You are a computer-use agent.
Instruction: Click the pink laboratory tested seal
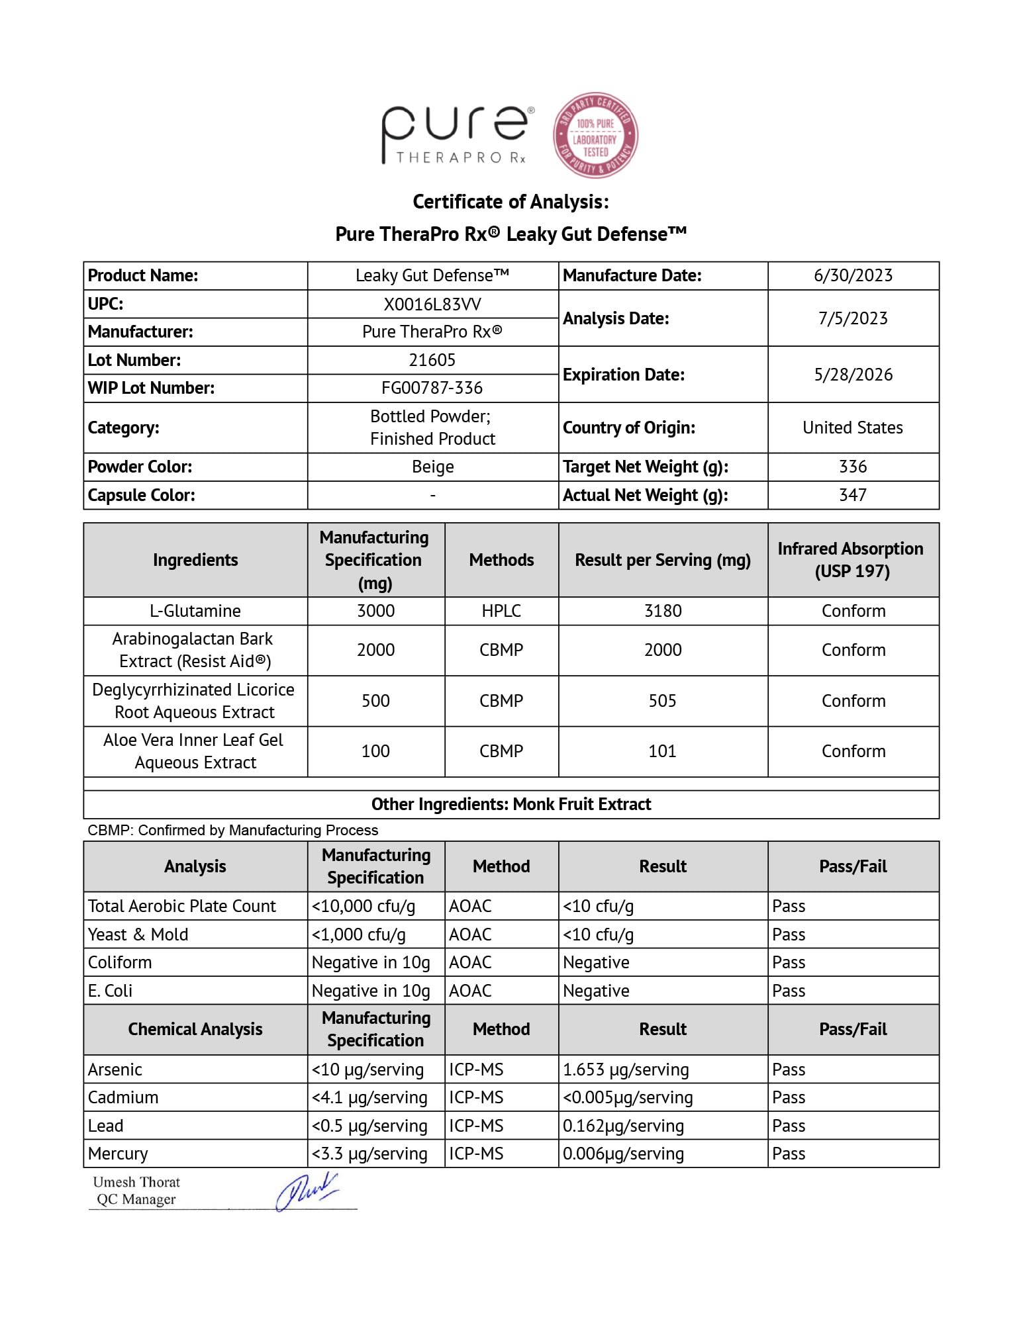[x=595, y=136]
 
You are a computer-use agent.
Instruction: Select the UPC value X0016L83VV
[x=432, y=304]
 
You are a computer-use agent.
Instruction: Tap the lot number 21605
[x=432, y=360]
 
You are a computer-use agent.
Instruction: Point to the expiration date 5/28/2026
[x=853, y=375]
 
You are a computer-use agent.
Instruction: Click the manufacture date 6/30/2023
[x=853, y=275]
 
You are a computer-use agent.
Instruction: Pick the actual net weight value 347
[x=853, y=495]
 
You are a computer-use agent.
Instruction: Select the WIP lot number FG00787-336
[x=432, y=388]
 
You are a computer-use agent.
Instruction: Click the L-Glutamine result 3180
[x=663, y=611]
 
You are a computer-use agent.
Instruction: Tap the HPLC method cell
[x=501, y=611]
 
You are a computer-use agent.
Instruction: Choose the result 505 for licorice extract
[x=663, y=701]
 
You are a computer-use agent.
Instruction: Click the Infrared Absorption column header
[x=853, y=560]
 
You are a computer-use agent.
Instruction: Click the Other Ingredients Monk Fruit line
[x=511, y=804]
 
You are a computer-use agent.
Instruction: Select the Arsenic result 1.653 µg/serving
[x=626, y=1070]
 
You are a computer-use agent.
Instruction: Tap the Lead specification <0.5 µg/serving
[x=369, y=1126]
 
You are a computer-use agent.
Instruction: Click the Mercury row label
[x=118, y=1154]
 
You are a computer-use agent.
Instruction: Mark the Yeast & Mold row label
[x=138, y=935]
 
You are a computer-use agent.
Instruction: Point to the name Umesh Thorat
[x=136, y=1182]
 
